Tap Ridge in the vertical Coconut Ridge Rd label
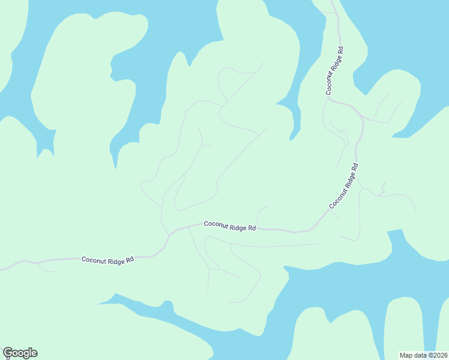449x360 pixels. coord(337,62)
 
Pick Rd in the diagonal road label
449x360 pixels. coord(356,167)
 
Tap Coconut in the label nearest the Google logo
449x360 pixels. coord(94,260)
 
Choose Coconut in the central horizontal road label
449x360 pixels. coord(216,225)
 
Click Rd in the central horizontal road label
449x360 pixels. coord(253,229)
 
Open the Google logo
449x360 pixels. coord(20,353)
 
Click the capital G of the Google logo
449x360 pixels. coord(8,352)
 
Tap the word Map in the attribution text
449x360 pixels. coord(406,355)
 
